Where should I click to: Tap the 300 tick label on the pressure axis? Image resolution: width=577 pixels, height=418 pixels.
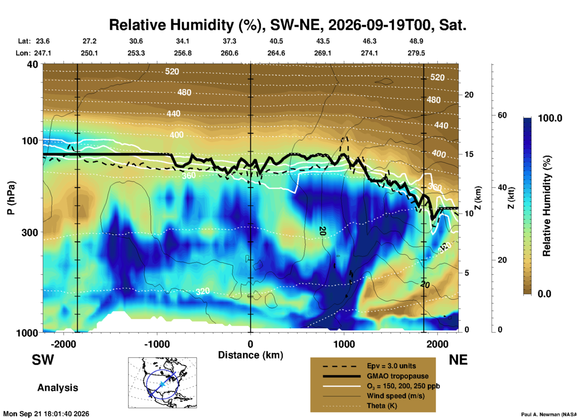[30, 232]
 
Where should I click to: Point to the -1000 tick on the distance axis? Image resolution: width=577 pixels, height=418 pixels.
[157, 344]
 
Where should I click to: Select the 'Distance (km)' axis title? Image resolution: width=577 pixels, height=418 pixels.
[250, 355]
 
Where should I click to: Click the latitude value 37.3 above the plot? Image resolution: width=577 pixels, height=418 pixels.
[229, 41]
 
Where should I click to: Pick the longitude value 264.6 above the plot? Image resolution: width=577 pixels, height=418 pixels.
[276, 53]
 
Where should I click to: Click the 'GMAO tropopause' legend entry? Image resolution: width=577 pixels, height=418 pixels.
[398, 376]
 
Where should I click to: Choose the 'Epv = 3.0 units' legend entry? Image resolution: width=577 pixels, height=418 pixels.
[391, 366]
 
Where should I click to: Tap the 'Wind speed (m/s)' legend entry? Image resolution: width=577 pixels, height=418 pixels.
[396, 396]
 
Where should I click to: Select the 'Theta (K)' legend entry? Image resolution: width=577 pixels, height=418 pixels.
[382, 406]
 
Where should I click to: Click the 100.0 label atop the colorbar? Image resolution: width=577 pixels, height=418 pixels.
[550, 118]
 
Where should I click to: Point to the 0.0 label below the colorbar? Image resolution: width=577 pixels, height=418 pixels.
[544, 294]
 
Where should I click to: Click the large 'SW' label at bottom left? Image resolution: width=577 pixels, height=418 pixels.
[43, 360]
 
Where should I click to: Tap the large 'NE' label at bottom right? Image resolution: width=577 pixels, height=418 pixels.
[458, 360]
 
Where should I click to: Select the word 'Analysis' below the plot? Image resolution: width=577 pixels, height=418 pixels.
[58, 388]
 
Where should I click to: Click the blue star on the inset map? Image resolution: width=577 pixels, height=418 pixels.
[162, 384]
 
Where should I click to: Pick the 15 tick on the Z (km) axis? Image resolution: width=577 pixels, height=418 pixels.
[469, 154]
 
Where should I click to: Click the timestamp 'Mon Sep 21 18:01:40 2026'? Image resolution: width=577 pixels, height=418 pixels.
[46, 414]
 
